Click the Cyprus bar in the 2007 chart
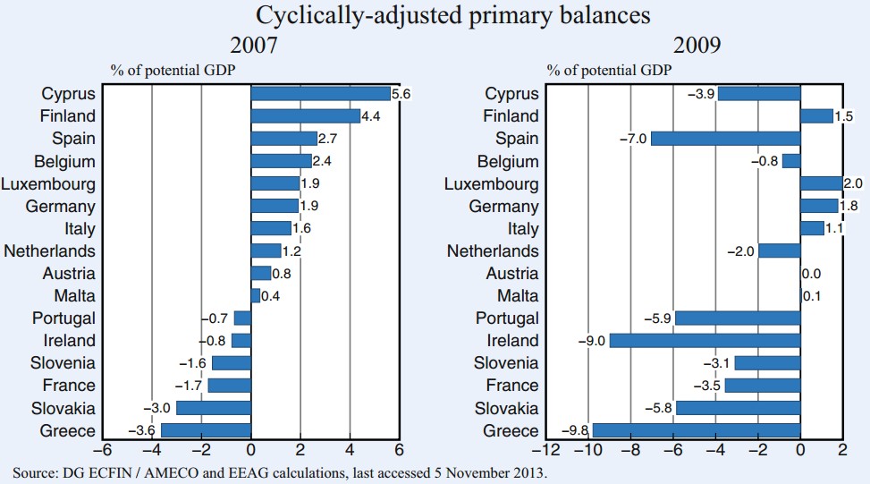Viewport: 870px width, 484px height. [x=320, y=93]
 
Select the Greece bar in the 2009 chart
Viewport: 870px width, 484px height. [x=696, y=430]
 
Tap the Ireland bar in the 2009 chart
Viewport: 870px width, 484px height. [x=705, y=341]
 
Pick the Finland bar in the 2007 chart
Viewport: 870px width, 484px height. [x=305, y=115]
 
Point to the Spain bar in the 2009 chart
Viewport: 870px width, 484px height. [x=725, y=139]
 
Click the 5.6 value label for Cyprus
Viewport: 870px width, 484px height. [x=401, y=93]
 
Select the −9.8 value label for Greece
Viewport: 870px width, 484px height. [x=575, y=430]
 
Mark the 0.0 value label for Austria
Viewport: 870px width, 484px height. [x=811, y=274]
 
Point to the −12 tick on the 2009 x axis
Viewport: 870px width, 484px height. [x=545, y=450]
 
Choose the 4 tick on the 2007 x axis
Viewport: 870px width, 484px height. [x=350, y=450]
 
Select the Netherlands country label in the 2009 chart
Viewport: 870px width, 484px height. [x=493, y=251]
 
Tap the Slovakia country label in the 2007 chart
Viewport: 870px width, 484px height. [x=63, y=408]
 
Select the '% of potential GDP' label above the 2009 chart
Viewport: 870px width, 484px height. [x=610, y=69]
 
